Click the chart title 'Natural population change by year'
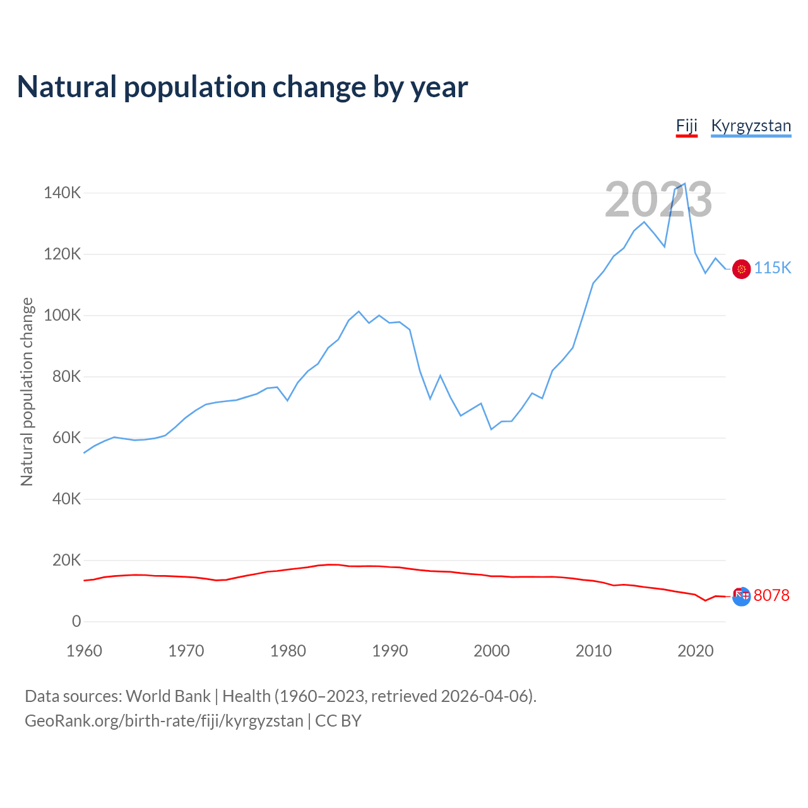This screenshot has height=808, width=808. pyautogui.click(x=242, y=87)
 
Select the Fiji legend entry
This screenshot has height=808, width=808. pyautogui.click(x=686, y=126)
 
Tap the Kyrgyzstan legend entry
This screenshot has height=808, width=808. pyautogui.click(x=751, y=126)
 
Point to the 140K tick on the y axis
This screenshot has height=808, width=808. pyautogui.click(x=62, y=193)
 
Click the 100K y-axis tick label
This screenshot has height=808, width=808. pyautogui.click(x=62, y=315)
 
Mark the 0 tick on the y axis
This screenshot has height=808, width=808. pyautogui.click(x=76, y=621)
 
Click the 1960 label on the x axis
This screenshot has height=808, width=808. pyautogui.click(x=84, y=651)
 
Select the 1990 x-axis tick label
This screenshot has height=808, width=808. pyautogui.click(x=389, y=651)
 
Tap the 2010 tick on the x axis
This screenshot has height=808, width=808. pyautogui.click(x=593, y=651)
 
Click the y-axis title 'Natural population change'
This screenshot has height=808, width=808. pyautogui.click(x=27, y=391)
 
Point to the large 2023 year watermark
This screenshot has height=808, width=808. pyautogui.click(x=658, y=200)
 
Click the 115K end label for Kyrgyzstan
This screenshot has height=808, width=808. pyautogui.click(x=772, y=268)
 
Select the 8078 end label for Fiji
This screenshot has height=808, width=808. pyautogui.click(x=771, y=595)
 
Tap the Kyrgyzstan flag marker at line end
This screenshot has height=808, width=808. pyautogui.click(x=741, y=269)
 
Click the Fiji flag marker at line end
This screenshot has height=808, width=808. pyautogui.click(x=741, y=595)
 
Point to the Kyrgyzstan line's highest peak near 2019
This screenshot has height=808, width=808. pyautogui.click(x=685, y=184)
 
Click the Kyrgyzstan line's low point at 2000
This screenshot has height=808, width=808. pyautogui.click(x=491, y=429)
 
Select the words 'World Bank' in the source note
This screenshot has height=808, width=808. pyautogui.click(x=168, y=696)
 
